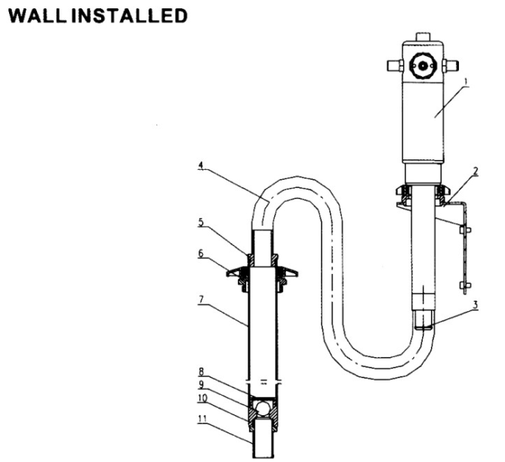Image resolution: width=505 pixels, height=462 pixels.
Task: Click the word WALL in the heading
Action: (x=36, y=15)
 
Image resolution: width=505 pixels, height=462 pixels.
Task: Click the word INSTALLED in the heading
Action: (x=129, y=15)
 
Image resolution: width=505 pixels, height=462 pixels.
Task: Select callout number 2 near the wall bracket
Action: (x=476, y=171)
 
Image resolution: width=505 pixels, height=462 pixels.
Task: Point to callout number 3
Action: (x=476, y=304)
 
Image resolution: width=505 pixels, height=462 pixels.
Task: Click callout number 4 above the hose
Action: (x=201, y=165)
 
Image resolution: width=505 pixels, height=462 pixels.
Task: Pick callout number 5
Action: (x=201, y=222)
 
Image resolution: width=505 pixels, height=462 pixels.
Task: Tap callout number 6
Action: (x=201, y=253)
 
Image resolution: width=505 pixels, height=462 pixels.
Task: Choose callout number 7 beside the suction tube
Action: (x=201, y=299)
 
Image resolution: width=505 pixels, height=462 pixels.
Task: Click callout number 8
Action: (x=201, y=371)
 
